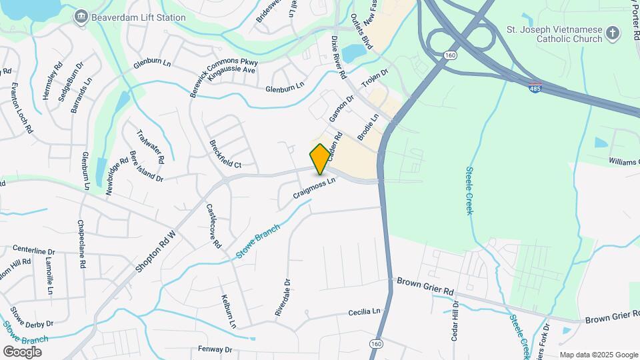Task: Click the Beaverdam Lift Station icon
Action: (81, 15)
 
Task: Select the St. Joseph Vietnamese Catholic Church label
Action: (555, 33)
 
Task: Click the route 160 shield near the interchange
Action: (451, 55)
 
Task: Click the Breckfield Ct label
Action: (225, 154)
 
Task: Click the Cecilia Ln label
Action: (364, 311)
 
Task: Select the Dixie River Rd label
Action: (338, 57)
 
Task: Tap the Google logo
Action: (23, 351)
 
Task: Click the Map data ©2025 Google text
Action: (598, 355)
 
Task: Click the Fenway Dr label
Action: (215, 349)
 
